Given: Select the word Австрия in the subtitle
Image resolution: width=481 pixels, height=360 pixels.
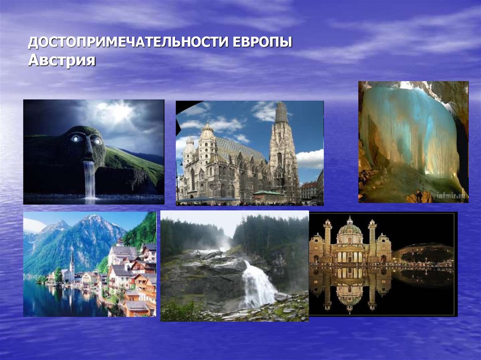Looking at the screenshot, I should click(62, 61).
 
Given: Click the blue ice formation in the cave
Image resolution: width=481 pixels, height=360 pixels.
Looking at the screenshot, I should click(409, 131).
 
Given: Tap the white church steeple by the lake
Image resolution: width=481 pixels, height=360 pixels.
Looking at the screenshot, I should click(71, 263).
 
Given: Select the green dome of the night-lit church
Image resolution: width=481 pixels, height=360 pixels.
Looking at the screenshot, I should click(350, 229).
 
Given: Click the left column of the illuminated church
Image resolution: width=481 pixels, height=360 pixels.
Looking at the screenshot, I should click(327, 239).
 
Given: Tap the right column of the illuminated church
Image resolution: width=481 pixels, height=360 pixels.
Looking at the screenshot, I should click(372, 239).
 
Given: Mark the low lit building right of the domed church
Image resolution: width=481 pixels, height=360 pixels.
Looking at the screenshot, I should click(423, 253).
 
